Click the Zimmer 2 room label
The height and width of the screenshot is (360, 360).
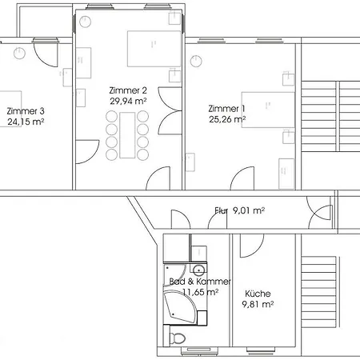point(128,90)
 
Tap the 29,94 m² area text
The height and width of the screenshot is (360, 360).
point(128,101)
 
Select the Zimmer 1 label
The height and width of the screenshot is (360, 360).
point(226,109)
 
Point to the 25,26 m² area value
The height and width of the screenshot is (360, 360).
point(227,119)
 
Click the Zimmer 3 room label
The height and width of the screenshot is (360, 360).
point(26,111)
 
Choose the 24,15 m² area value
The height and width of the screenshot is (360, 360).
point(26,122)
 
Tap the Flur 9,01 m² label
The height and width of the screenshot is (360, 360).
point(240,210)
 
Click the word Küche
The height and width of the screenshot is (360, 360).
point(258,294)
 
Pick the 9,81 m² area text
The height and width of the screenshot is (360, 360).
point(258,304)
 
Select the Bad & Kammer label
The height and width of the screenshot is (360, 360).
point(200,282)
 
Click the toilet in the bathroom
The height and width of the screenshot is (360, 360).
point(178,338)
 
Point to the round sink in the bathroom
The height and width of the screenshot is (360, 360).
point(198,270)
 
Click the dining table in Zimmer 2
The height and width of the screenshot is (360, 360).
point(127,135)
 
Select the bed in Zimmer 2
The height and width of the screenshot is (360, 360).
point(154,49)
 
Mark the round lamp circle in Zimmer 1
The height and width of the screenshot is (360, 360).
point(196,61)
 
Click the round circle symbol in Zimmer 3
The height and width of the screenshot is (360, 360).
point(19,53)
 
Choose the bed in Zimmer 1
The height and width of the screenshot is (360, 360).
point(268,110)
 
